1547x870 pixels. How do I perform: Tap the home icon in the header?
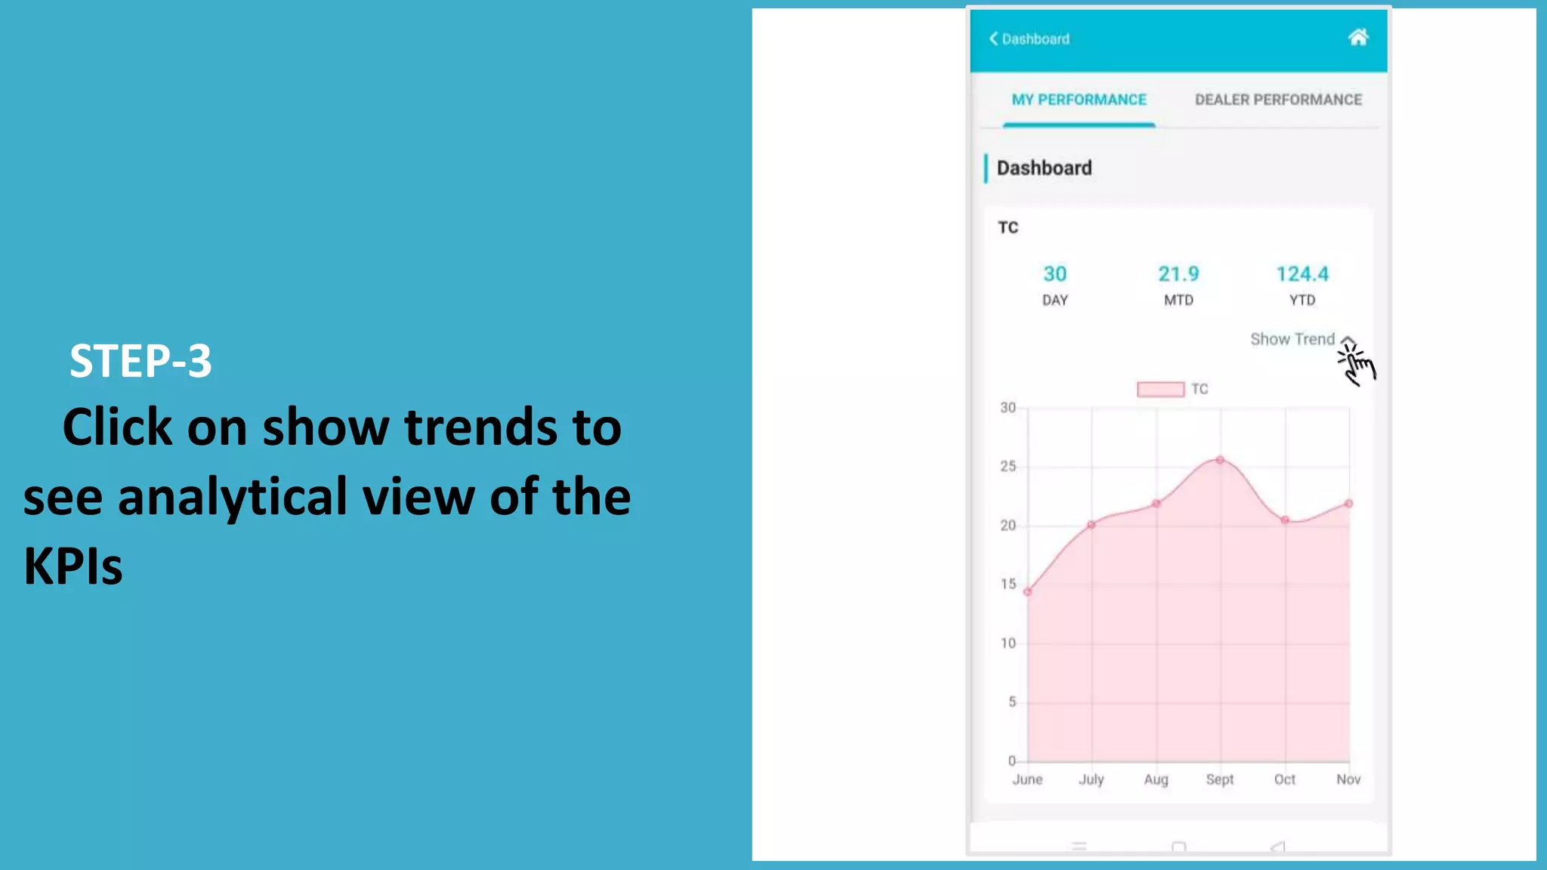point(1357,38)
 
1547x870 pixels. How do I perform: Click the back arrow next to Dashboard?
point(994,39)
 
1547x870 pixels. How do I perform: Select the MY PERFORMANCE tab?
point(1079,100)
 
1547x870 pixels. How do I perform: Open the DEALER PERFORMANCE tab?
point(1278,100)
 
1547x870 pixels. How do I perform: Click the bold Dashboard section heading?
point(1044,168)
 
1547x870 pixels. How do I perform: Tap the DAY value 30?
point(1054,274)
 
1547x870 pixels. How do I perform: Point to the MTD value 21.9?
point(1178,274)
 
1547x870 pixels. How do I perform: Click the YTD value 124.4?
point(1302,274)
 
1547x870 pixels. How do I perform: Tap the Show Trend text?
point(1292,339)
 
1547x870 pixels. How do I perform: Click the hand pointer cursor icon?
point(1357,364)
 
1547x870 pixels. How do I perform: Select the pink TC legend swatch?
point(1160,389)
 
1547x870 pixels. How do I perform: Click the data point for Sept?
point(1220,460)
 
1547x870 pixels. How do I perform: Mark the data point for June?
point(1027,592)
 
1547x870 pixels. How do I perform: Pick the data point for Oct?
point(1285,520)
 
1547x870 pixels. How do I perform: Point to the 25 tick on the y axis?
point(1008,467)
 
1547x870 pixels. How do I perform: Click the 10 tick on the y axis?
point(1008,643)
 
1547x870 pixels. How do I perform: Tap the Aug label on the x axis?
point(1156,779)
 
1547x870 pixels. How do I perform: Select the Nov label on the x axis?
point(1348,779)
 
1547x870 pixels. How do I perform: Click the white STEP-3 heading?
point(140,361)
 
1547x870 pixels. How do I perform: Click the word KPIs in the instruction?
point(73,566)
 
